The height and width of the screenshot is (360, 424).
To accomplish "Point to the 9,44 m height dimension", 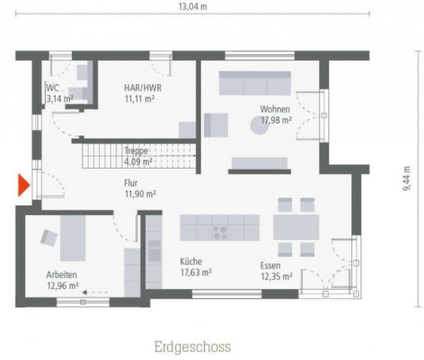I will (x=407, y=178).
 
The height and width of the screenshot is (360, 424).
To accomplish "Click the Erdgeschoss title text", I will (x=192, y=347).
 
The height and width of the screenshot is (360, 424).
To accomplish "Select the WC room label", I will (x=53, y=88).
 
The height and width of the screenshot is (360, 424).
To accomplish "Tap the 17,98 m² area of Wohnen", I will (x=276, y=120).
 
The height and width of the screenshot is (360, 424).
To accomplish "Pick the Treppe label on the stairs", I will (x=136, y=151).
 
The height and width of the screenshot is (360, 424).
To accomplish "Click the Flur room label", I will (x=131, y=183).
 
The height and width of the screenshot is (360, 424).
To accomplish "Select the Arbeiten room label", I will (x=62, y=275).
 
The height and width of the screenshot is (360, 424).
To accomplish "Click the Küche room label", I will (x=191, y=262).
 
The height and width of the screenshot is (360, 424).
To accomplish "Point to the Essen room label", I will (x=272, y=266).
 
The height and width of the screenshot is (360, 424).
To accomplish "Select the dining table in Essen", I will (x=296, y=227).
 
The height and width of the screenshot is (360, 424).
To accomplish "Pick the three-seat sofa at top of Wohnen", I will (x=254, y=83).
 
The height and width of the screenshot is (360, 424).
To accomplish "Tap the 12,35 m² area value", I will (x=276, y=277).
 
